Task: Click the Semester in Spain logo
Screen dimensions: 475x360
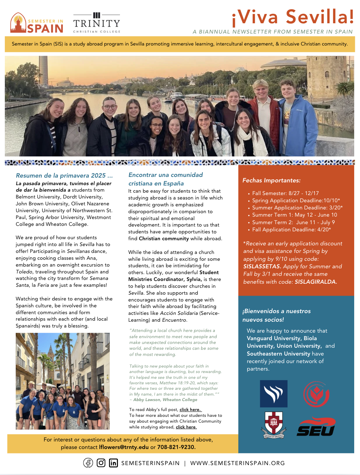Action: point(37,23)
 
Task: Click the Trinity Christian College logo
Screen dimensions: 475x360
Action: point(97,23)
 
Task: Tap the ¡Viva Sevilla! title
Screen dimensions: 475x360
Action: point(293,17)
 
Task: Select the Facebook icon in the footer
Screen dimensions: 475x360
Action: point(88,463)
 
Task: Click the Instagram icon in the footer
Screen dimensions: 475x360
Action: point(101,463)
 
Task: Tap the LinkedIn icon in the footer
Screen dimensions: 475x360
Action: point(114,463)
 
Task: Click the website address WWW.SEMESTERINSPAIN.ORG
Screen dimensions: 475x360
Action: point(237,463)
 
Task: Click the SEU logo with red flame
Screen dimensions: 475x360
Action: point(316,426)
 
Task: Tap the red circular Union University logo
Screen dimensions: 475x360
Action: point(316,394)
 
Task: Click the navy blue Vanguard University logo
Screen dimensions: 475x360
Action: point(274,394)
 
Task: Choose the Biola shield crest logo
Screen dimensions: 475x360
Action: point(274,425)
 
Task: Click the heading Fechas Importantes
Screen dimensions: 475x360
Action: point(271,180)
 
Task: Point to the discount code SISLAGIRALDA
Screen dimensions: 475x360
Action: point(316,282)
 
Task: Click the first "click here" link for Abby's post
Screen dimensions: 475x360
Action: point(190,410)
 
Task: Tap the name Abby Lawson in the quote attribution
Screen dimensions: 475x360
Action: point(147,400)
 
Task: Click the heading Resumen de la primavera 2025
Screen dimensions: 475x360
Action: point(64,176)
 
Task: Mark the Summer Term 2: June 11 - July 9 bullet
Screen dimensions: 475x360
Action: point(293,222)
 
